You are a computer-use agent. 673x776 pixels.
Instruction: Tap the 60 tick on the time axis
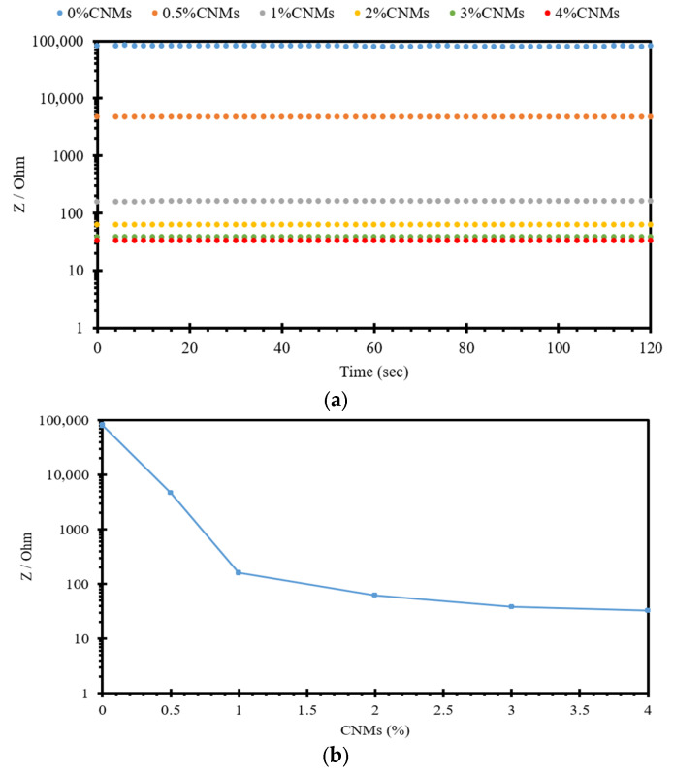click(373, 346)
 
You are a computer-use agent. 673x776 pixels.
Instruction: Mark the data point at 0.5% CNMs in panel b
click(170, 492)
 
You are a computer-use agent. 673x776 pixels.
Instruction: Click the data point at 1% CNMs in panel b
click(239, 572)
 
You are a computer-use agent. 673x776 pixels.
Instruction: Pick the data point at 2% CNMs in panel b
click(374, 595)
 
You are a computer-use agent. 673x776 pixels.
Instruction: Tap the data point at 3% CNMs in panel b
click(511, 606)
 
